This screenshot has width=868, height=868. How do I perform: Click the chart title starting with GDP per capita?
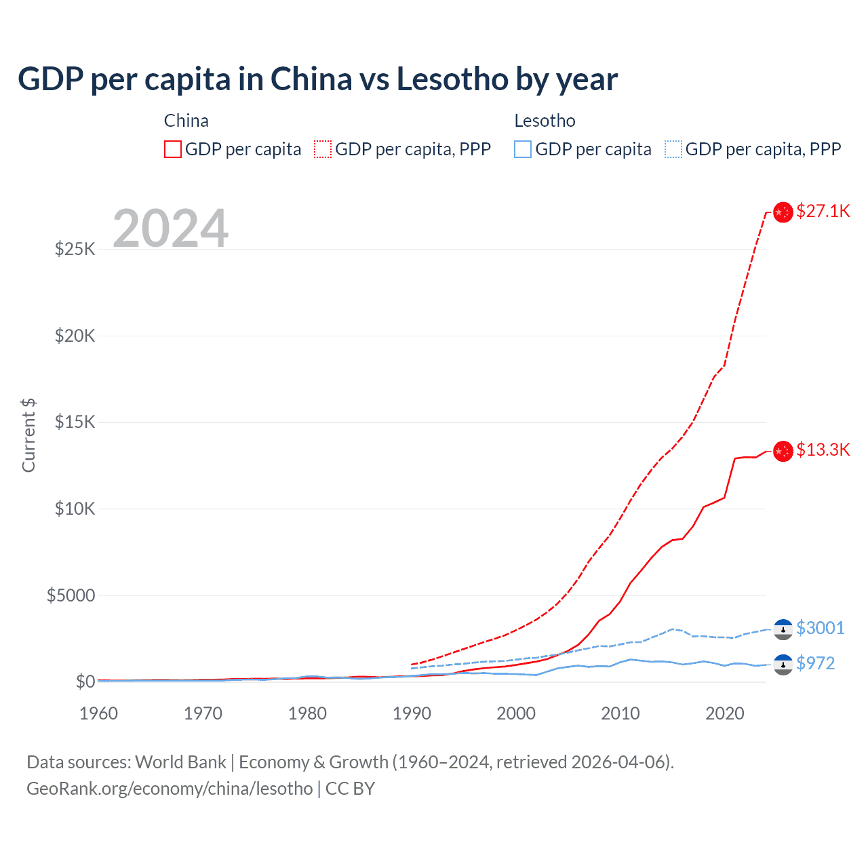(317, 79)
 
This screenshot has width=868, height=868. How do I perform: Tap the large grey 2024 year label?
(170, 229)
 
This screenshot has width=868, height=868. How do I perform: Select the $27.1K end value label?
(823, 211)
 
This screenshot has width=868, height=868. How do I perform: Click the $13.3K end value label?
(823, 450)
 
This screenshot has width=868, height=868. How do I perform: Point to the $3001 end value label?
(820, 628)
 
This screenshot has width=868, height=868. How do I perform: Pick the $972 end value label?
(815, 663)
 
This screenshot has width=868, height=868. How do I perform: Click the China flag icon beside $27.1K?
(783, 212)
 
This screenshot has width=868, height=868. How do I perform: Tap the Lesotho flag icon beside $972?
(783, 665)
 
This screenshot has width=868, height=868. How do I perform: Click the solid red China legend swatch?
(173, 149)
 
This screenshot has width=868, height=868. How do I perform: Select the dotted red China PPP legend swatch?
(323, 149)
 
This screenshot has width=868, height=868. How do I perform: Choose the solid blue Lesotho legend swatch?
(523, 149)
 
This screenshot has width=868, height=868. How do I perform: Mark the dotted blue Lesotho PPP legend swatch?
(673, 149)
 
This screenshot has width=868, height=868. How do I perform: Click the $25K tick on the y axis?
(75, 249)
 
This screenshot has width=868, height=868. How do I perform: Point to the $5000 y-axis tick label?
(71, 595)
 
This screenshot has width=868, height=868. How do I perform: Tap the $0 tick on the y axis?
(85, 682)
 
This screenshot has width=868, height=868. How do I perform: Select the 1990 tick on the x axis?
(412, 713)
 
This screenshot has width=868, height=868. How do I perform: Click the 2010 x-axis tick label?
(620, 713)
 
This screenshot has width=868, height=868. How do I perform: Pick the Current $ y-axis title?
(28, 435)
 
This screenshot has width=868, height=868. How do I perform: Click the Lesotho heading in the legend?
(545, 121)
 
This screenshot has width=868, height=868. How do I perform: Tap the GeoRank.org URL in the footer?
(170, 789)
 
